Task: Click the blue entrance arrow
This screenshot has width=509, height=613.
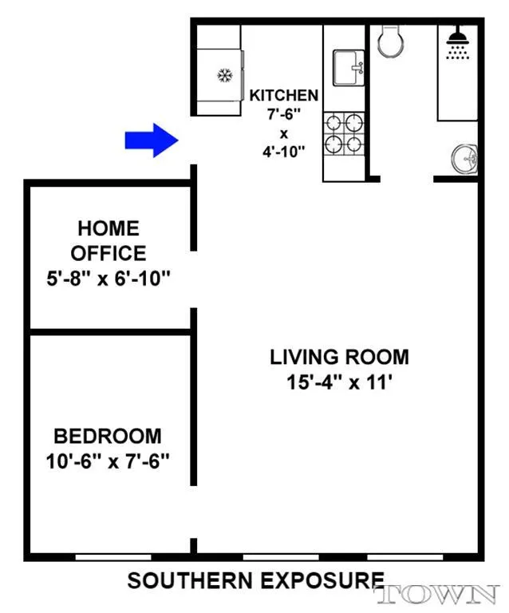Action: [151, 140]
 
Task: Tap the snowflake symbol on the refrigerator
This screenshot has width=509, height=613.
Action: [224, 77]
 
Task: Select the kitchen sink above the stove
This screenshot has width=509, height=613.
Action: [347, 64]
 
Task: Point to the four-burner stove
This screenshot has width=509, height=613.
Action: [343, 133]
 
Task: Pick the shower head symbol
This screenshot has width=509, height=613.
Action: [457, 43]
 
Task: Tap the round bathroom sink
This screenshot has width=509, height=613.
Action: [464, 159]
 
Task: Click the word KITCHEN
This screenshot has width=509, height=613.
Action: [284, 96]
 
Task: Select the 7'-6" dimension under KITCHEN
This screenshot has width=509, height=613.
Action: [284, 114]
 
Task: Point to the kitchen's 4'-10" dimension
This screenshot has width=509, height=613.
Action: [284, 152]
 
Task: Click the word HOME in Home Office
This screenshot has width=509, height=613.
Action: [108, 229]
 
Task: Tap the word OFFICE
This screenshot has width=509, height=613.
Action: [108, 254]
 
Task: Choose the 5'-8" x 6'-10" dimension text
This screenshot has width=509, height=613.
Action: [108, 280]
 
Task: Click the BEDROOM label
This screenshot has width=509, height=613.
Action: [107, 437]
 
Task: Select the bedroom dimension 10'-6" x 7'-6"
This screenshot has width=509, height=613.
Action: [107, 461]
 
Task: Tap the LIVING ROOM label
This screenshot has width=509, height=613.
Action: [339, 357]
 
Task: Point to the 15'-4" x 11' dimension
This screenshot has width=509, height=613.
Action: [339, 382]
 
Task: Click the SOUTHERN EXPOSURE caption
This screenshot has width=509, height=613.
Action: [255, 581]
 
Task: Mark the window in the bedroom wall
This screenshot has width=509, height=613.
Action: [113, 556]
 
